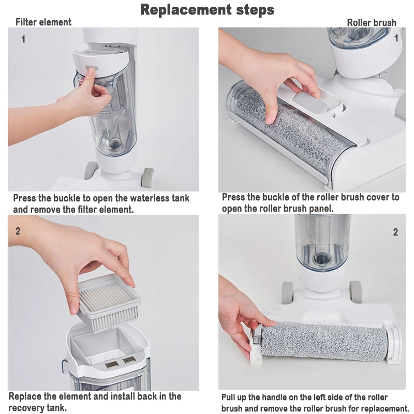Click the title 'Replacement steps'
tap(207, 10)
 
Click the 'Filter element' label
tap(43, 22)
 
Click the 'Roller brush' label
tap(371, 22)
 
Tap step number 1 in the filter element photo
tap(23, 39)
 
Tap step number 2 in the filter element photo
tap(18, 231)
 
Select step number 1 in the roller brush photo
tap(396, 38)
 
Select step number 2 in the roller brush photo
tap(395, 232)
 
